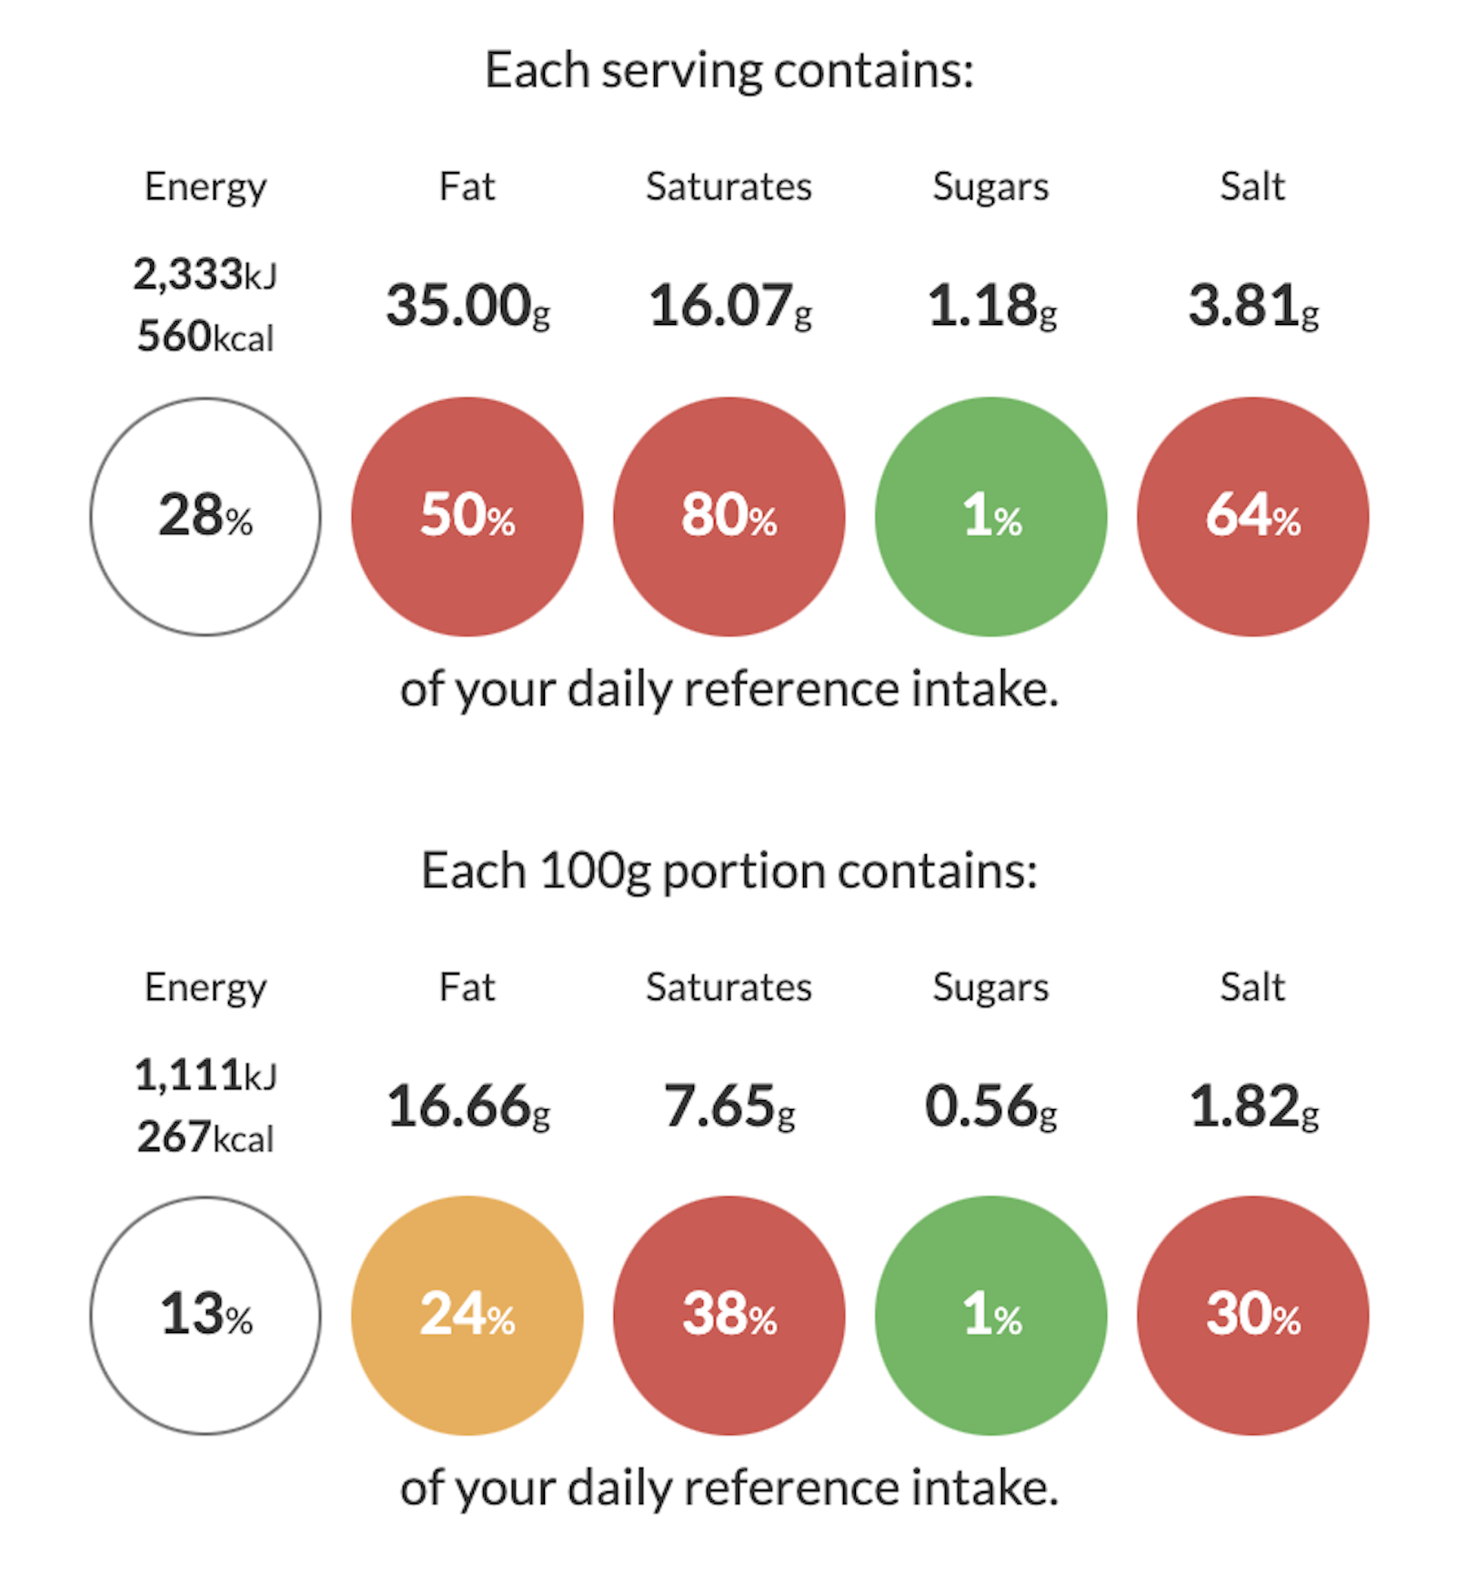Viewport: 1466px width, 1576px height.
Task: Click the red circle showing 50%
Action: pyautogui.click(x=467, y=517)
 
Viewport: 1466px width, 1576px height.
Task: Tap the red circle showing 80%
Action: pyautogui.click(x=728, y=517)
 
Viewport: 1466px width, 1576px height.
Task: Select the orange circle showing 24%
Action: pyautogui.click(x=467, y=1315)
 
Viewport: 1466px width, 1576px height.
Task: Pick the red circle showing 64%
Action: pyautogui.click(x=1252, y=517)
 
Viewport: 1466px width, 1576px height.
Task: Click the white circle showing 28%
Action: pyautogui.click(x=205, y=517)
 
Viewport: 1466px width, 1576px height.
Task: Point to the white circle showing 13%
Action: pyautogui.click(x=205, y=1315)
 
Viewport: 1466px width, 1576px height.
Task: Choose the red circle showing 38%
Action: pyautogui.click(x=728, y=1315)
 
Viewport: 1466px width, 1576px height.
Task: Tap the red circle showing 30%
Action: pyautogui.click(x=1252, y=1315)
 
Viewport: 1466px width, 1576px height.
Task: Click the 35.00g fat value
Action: pyautogui.click(x=467, y=306)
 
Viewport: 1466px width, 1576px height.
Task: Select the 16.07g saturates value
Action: pyautogui.click(x=729, y=306)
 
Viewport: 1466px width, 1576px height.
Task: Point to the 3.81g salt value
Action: pyautogui.click(x=1253, y=306)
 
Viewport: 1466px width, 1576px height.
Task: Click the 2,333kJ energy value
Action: pyautogui.click(x=205, y=274)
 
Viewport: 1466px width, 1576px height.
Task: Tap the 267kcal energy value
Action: pyautogui.click(x=205, y=1137)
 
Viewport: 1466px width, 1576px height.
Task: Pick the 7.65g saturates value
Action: pyautogui.click(x=729, y=1107)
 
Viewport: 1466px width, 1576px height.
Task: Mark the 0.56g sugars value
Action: pyautogui.click(x=990, y=1107)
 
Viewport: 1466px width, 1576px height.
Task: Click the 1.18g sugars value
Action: pyautogui.click(x=991, y=306)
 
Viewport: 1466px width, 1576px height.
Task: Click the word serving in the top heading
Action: pyautogui.click(x=681, y=72)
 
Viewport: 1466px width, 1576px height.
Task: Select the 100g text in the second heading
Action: pyautogui.click(x=595, y=872)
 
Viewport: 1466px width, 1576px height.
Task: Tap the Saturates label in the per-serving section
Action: pyautogui.click(x=728, y=187)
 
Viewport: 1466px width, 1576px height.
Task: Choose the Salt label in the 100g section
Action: pyautogui.click(x=1252, y=987)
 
